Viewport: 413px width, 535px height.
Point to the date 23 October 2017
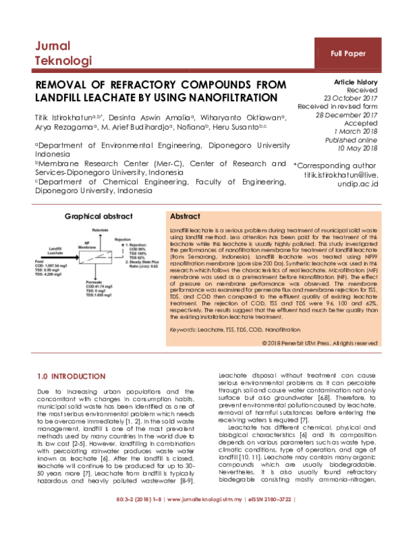349,99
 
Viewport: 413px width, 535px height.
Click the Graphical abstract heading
99,216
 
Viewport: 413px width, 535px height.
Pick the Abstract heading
184,216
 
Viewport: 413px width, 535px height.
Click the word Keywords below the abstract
182,331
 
